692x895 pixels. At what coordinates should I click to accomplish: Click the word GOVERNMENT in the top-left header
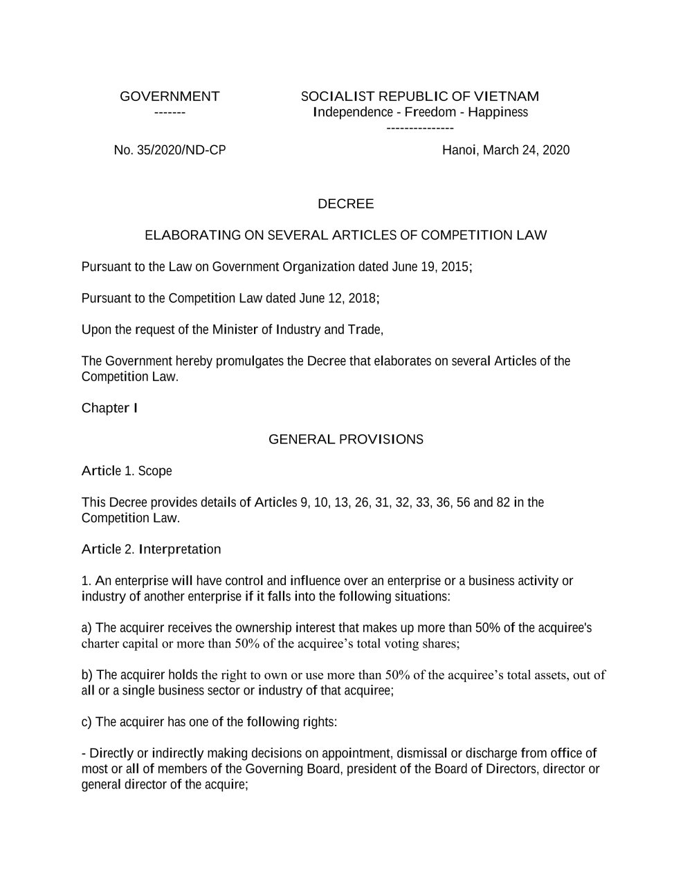[x=170, y=96]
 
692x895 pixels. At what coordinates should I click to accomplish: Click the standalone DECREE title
[x=345, y=204]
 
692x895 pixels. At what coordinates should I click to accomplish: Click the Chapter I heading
[x=109, y=408]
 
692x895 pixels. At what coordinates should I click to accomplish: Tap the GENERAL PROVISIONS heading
[x=345, y=439]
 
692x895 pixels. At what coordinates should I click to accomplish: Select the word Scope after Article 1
[x=155, y=471]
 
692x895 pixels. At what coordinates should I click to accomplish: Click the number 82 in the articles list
[x=503, y=502]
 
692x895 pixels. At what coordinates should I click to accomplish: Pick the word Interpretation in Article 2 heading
[x=180, y=549]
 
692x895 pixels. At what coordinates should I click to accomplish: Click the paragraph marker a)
[x=86, y=628]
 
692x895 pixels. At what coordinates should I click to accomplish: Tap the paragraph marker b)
[x=86, y=675]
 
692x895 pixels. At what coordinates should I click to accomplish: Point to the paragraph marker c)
[x=86, y=722]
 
